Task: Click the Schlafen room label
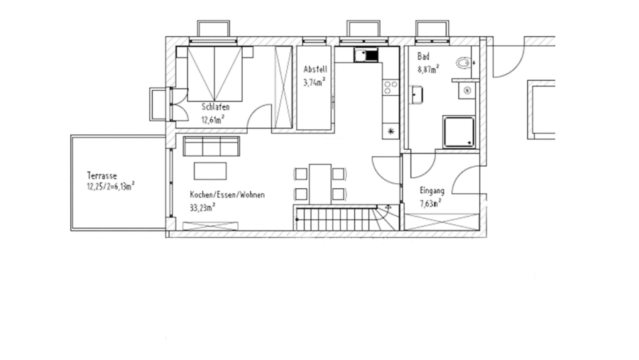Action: pyautogui.click(x=215, y=107)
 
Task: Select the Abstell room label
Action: pyautogui.click(x=315, y=70)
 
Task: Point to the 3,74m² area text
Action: pyautogui.click(x=314, y=82)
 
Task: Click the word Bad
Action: pyautogui.click(x=423, y=56)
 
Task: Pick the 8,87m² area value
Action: pyautogui.click(x=428, y=69)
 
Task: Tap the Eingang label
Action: pyautogui.click(x=432, y=190)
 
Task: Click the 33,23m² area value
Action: pyautogui.click(x=202, y=207)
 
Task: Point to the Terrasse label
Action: pyautogui.click(x=102, y=175)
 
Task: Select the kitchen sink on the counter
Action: pyautogui.click(x=367, y=54)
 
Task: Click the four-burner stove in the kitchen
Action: pyautogui.click(x=390, y=87)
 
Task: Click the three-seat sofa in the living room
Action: pyautogui.click(x=211, y=146)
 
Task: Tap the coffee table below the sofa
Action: pyautogui.click(x=211, y=170)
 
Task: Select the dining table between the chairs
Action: pyautogui.click(x=320, y=182)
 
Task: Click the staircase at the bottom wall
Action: pyautogui.click(x=341, y=217)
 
